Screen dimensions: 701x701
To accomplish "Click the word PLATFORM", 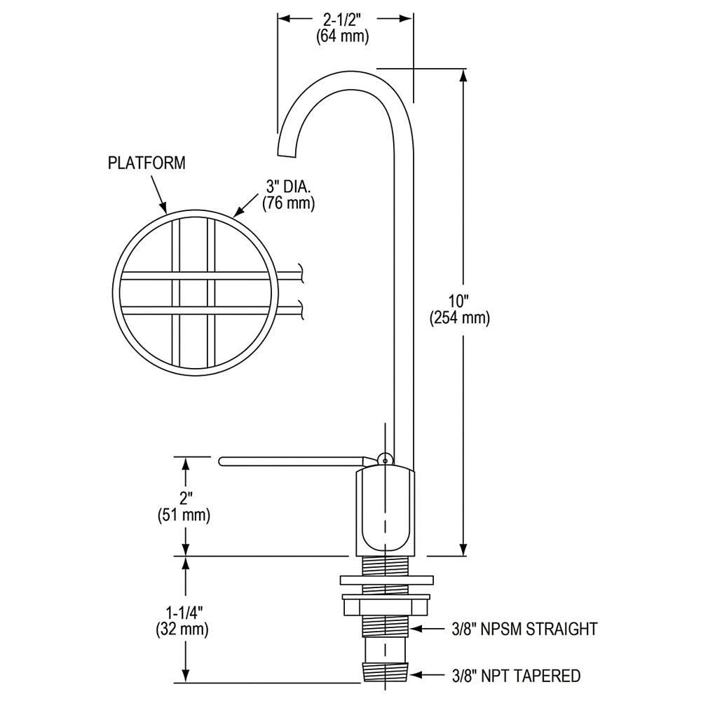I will (x=147, y=163).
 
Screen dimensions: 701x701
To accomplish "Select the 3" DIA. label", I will (x=287, y=187).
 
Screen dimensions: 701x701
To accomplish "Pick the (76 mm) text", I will (x=287, y=204).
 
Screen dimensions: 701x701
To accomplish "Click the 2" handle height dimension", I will (x=184, y=498).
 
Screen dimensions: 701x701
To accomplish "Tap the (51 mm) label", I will (x=184, y=516).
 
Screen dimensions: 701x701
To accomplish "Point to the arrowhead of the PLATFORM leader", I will (x=163, y=207).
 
